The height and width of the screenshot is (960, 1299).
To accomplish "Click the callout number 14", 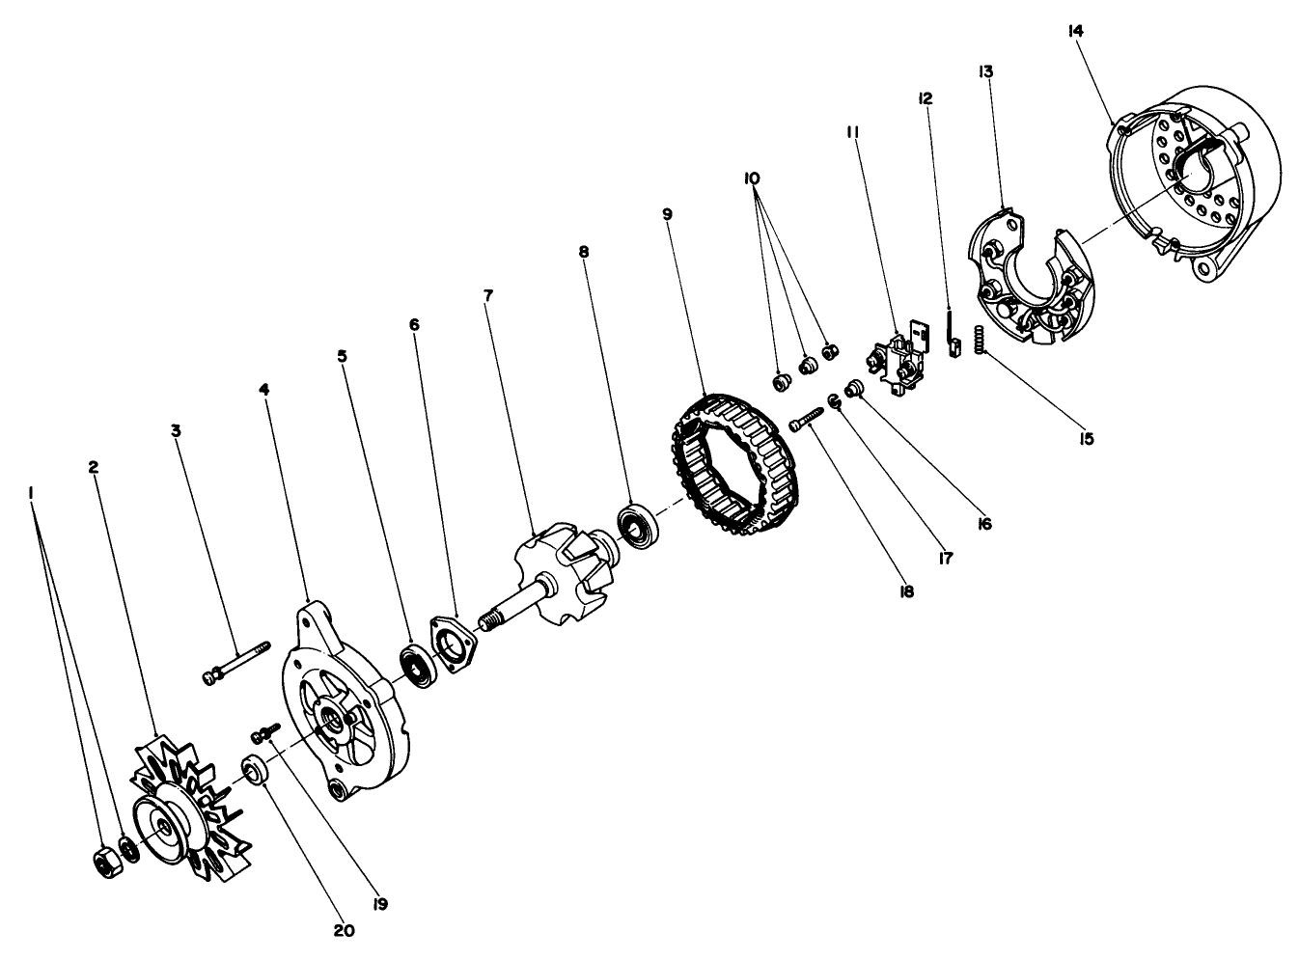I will [1076, 30].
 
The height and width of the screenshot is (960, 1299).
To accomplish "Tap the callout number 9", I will [667, 213].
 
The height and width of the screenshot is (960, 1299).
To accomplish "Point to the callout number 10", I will [752, 178].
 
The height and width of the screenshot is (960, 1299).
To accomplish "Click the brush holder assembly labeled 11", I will [896, 362].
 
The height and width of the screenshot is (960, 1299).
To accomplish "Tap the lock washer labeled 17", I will [836, 401].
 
